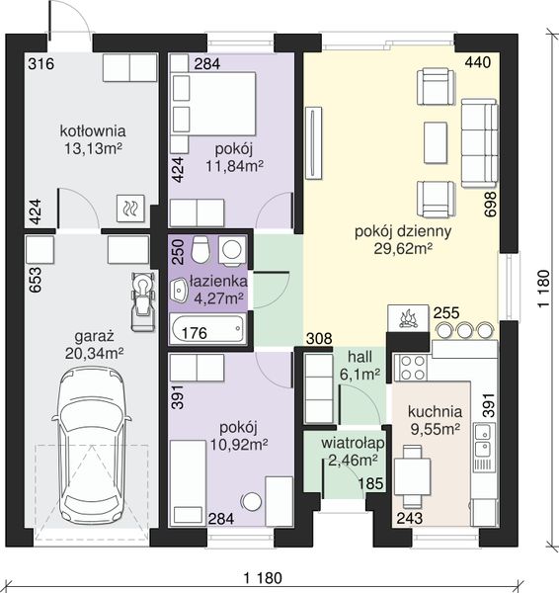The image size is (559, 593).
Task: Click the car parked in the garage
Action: pos(92,447)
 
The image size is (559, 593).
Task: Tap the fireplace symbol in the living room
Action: pos(408,318)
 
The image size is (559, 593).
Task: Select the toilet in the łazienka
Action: pos(200,249)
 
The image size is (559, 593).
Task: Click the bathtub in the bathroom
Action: pos(207,329)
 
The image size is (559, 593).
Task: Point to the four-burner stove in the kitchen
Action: pos(411,368)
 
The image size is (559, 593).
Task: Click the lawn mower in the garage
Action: pos(143,301)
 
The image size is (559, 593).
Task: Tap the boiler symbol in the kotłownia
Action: pos(130,208)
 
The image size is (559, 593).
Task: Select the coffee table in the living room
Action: pos(436,142)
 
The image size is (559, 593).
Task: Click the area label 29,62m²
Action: pos(403,249)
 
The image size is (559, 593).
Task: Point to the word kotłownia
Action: pos(93,131)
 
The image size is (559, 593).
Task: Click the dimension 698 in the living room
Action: pos(490,205)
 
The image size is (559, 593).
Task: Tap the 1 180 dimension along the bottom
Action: pos(263,578)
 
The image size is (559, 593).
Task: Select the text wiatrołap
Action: pos(353,443)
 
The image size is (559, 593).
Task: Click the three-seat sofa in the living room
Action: pos(479,143)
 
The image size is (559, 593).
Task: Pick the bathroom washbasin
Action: pos(179,291)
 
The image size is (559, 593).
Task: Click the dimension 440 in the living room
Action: pos(478,62)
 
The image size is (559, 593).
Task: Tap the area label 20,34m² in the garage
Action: pos(94,354)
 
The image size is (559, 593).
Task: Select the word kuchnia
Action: pos(435,412)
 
